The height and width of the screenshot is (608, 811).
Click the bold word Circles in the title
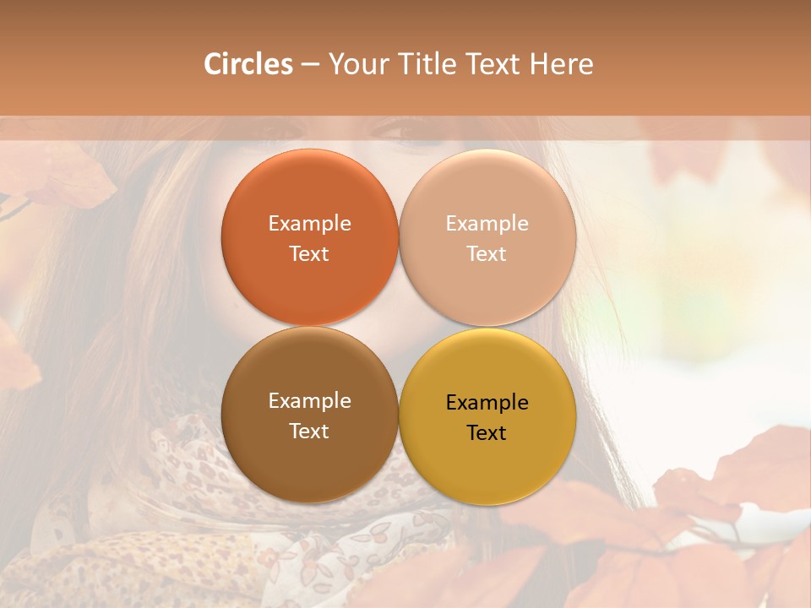[x=248, y=64]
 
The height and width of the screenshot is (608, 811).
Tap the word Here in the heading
[x=562, y=64]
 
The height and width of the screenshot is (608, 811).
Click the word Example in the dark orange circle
[x=309, y=223]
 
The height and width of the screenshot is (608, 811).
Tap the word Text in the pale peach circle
[x=487, y=253]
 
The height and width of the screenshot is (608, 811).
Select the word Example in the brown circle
[x=309, y=400]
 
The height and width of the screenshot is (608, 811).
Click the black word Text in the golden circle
[x=487, y=432]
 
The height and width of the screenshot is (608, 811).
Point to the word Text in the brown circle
[x=309, y=431]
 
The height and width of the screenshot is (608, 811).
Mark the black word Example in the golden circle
[x=487, y=402]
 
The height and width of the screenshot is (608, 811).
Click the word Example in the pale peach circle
[x=487, y=223]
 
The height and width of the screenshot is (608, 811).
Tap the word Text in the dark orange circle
[x=309, y=253]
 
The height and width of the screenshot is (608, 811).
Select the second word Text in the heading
[x=493, y=64]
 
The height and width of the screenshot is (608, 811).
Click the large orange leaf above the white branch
[x=752, y=469]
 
